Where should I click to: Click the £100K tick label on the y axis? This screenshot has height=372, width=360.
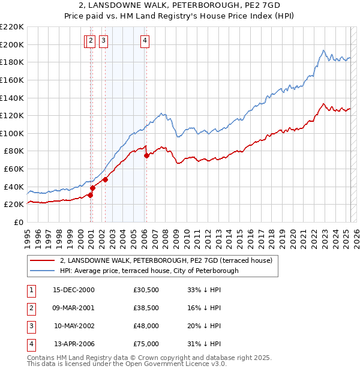pos(12,133)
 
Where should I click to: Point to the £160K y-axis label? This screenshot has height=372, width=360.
pos(12,80)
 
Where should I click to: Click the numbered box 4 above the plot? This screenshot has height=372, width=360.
pos(145,41)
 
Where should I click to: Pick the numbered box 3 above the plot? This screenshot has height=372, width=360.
pos(104,41)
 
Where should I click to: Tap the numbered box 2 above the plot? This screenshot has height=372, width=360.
pos(91,41)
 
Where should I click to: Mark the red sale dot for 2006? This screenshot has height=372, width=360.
pos(146,156)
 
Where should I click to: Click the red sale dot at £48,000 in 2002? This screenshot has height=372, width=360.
pos(105,179)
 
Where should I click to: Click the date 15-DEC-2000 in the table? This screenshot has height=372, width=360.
pos(74,289)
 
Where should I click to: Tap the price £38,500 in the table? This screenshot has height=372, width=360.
pos(146,308)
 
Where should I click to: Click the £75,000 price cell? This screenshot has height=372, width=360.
pos(146,344)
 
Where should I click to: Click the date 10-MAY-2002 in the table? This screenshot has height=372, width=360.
pos(74,326)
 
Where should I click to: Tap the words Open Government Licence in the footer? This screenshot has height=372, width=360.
pos(174,364)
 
